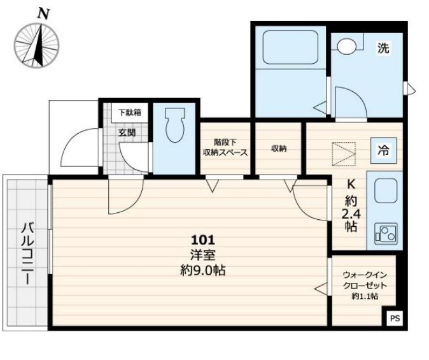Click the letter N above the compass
pyautogui.click(x=43, y=13)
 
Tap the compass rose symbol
pyautogui.click(x=37, y=45)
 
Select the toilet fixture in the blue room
pyautogui.click(x=175, y=125)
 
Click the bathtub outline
pyautogui.click(x=290, y=47)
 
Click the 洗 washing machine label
pyautogui.click(x=383, y=48)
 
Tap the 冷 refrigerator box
pyautogui.click(x=384, y=150)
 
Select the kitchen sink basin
pyautogui.click(x=386, y=191)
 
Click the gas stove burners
pyautogui.click(x=386, y=233)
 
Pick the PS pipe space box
pyautogui.click(x=395, y=319)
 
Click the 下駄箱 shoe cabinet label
pyautogui.click(x=130, y=112)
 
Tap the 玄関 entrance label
pyautogui.click(x=127, y=133)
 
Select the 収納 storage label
pyautogui.click(x=279, y=148)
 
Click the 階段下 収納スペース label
pyautogui.click(x=225, y=147)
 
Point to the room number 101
pyautogui.click(x=203, y=241)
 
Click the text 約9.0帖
pyautogui.click(x=203, y=271)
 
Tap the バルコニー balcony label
pyautogui.click(x=27, y=254)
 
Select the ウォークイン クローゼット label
pyautogui.click(x=365, y=280)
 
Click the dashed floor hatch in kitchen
pyautogui.click(x=344, y=154)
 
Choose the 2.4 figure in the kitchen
pyautogui.click(x=351, y=213)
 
